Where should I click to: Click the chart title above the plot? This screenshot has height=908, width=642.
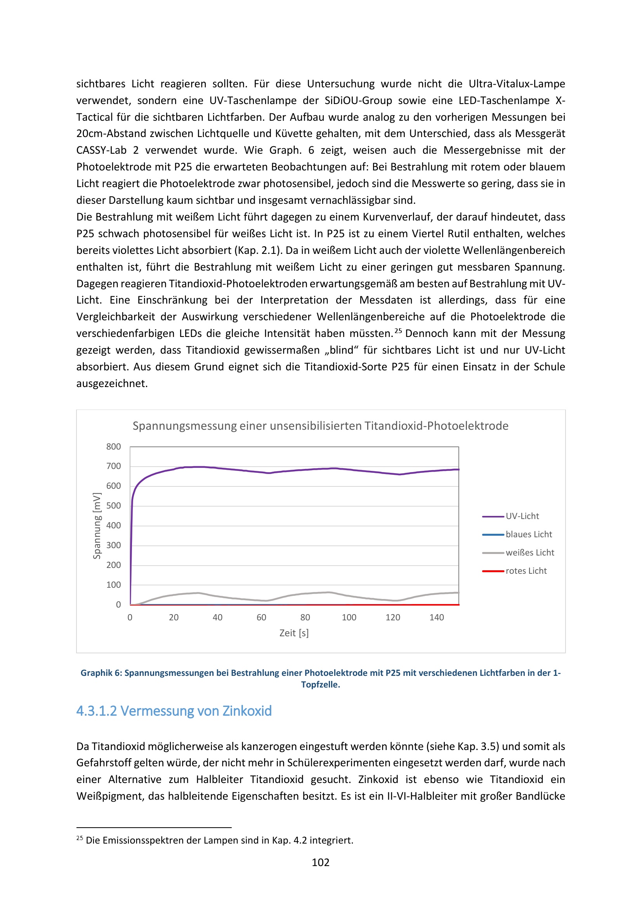coord(320,426)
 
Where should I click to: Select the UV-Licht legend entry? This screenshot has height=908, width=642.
coord(522,516)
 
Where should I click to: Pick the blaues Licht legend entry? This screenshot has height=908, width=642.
coord(529,534)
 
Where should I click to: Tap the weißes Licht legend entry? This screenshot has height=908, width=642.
coord(530,552)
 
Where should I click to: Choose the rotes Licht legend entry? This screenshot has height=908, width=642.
coord(526,571)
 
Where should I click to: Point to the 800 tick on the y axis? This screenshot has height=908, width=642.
coord(113,446)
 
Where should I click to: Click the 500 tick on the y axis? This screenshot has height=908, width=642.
coord(113,506)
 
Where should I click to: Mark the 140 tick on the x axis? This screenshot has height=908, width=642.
coord(436,617)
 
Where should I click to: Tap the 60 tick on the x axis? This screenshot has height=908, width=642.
coord(261,617)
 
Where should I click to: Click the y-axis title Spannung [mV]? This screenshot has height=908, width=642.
coord(97,526)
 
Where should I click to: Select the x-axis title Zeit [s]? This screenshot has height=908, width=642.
coord(294,633)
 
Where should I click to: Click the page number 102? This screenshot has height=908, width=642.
coord(320,862)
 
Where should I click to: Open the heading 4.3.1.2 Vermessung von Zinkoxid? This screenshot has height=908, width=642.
coord(174,711)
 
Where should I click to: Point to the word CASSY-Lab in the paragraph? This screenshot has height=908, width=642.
coord(101,150)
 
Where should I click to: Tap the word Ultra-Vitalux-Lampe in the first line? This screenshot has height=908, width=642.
coord(517,84)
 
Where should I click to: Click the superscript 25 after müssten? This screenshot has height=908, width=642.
coord(398,331)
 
